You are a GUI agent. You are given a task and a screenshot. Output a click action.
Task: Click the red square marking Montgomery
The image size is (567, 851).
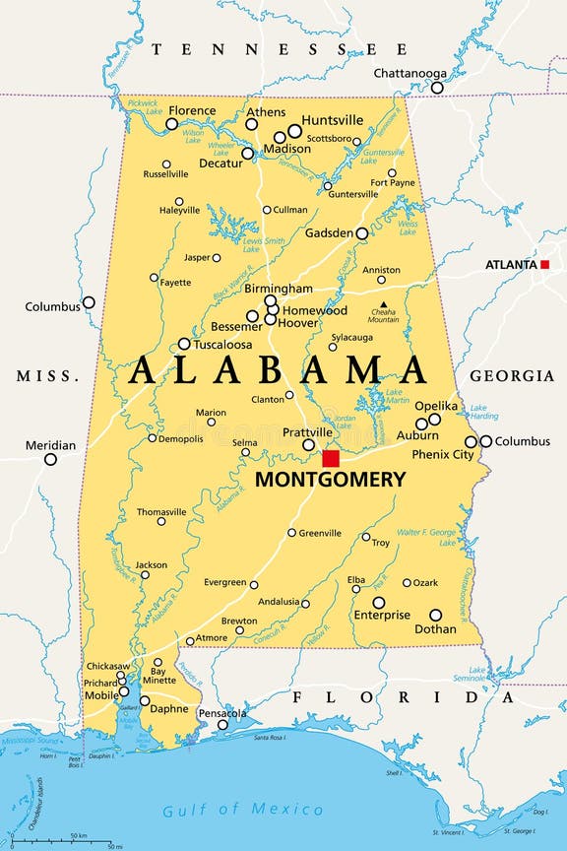(x=331, y=459)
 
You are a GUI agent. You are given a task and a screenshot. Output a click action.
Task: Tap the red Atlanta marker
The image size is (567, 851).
(x=544, y=264)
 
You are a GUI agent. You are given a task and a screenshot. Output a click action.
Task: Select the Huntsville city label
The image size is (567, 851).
(x=333, y=120)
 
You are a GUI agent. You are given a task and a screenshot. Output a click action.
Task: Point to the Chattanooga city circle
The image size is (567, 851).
(x=437, y=88)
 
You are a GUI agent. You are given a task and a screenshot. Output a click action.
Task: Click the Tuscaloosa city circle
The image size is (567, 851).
(x=184, y=344)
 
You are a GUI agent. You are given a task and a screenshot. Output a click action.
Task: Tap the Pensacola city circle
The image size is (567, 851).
(x=223, y=724)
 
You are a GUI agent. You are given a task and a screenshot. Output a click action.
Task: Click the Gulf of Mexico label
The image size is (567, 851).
(x=243, y=810)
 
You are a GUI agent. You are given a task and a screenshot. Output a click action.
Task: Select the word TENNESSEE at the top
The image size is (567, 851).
(x=280, y=48)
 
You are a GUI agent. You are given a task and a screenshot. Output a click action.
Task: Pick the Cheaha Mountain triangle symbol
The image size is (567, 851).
(x=384, y=304)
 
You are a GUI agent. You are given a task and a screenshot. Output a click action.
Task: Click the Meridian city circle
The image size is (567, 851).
(x=50, y=459)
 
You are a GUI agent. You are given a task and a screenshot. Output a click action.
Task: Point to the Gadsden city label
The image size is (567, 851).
(x=330, y=233)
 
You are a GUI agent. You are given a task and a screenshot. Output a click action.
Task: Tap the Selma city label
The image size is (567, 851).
(x=244, y=442)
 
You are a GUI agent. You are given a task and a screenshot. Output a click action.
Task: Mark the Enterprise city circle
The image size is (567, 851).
(x=379, y=602)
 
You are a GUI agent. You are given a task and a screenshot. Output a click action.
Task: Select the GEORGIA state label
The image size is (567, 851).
(x=511, y=376)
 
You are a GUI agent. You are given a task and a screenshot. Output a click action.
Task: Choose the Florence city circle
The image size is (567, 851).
(x=172, y=124)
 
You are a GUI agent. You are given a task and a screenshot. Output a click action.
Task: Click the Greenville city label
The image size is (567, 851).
(x=321, y=533)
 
